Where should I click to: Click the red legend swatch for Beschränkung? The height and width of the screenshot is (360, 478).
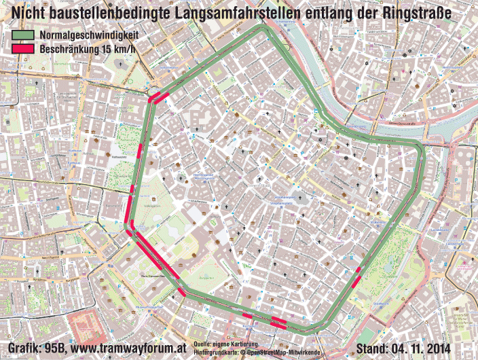(x=22, y=49)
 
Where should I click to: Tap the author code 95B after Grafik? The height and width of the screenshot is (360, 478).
(x=55, y=348)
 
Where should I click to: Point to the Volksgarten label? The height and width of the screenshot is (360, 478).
(x=153, y=204)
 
